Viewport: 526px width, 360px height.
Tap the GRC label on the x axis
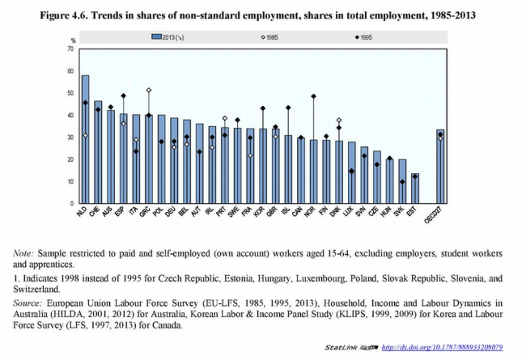click(x=146, y=212)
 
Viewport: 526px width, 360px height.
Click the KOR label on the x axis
click(x=261, y=212)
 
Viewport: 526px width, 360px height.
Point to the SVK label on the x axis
click(x=401, y=212)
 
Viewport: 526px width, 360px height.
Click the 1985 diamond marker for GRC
click(x=149, y=91)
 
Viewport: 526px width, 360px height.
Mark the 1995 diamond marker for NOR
click(x=313, y=96)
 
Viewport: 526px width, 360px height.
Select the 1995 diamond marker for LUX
click(x=351, y=171)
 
